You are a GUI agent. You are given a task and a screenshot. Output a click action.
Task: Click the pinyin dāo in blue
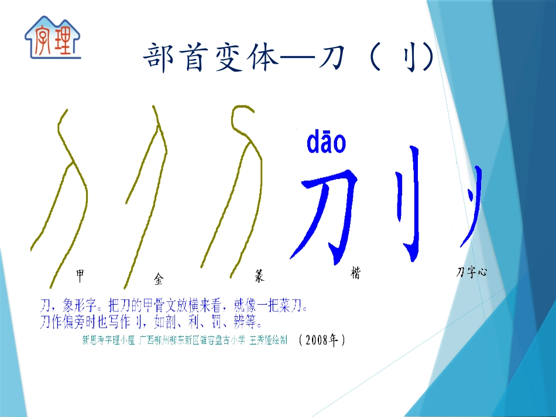(x=326, y=143)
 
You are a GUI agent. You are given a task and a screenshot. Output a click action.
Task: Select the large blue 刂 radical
(x=409, y=202)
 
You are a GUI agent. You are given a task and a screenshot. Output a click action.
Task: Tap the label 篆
(x=259, y=275)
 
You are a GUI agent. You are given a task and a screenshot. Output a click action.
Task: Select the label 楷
(x=355, y=273)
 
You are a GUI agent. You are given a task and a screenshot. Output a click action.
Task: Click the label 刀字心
(x=472, y=272)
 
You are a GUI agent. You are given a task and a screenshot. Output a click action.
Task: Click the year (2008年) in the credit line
(x=321, y=339)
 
